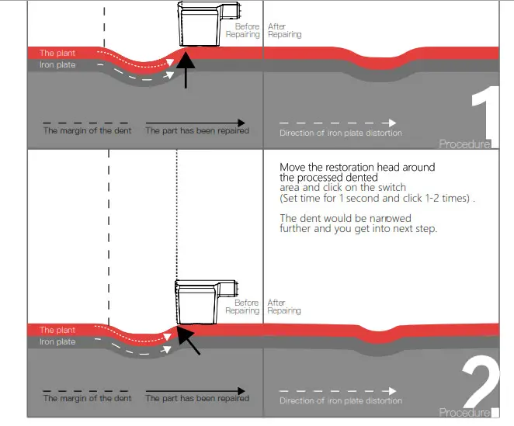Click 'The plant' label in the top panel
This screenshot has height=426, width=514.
[x=57, y=54]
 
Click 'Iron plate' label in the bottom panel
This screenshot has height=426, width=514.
[x=57, y=341]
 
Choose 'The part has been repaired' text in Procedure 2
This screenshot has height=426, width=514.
[x=197, y=398]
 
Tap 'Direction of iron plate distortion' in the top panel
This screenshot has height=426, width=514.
[x=341, y=133]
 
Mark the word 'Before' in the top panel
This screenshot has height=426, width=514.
[x=247, y=27]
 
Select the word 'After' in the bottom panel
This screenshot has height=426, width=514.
[x=276, y=303]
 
